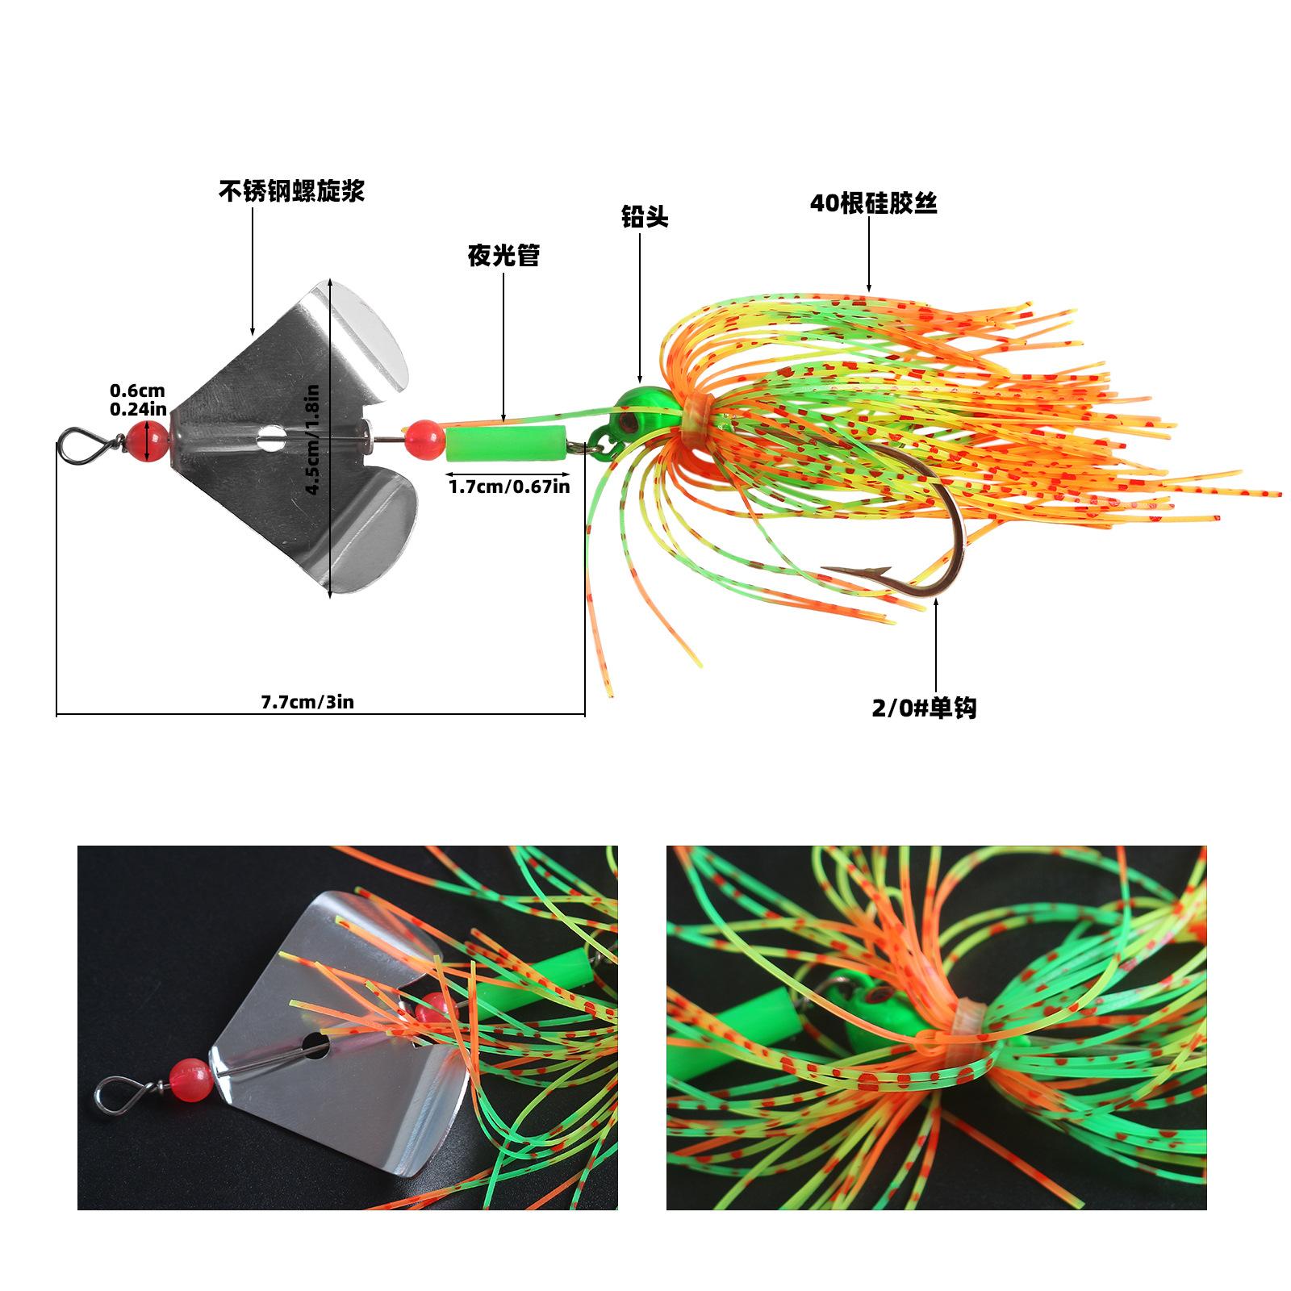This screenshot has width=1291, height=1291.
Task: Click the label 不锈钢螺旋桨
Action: (x=291, y=190)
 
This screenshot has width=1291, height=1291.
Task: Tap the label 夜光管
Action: (x=503, y=256)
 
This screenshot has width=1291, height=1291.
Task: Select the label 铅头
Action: (x=645, y=217)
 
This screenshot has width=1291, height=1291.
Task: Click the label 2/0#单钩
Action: (x=924, y=708)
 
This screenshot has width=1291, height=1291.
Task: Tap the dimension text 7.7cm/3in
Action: (x=307, y=702)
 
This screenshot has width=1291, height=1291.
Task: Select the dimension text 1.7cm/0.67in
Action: (x=509, y=487)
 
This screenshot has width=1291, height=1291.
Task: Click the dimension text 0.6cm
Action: (x=137, y=392)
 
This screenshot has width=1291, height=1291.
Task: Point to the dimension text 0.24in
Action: (x=138, y=410)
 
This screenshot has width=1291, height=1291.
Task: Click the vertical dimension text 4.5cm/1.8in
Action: (x=313, y=439)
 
